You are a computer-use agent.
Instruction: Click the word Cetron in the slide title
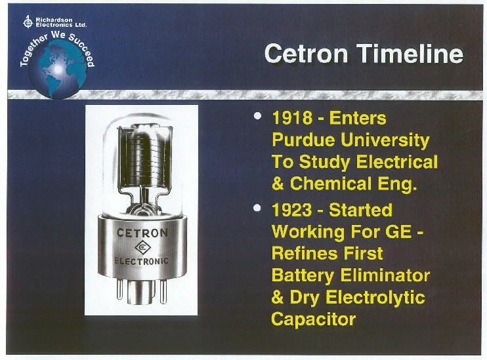point(306,53)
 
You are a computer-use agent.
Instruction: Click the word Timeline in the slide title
point(410,53)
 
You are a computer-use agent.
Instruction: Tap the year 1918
point(292,118)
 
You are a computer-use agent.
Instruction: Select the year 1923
point(292,210)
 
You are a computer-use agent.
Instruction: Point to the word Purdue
point(303,140)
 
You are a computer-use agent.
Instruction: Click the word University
point(385,141)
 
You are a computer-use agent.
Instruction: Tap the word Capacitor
point(313,319)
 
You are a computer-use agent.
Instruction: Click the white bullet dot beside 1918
point(257,116)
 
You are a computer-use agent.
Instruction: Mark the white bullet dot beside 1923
point(257,208)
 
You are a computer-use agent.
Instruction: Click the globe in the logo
point(58,70)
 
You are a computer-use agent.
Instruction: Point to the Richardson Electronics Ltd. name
point(61,22)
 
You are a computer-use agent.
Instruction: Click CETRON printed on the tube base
point(142,233)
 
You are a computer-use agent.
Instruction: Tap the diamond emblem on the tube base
point(142,247)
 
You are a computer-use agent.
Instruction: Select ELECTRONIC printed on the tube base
point(141,261)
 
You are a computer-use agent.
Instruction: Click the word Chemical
point(331,184)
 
